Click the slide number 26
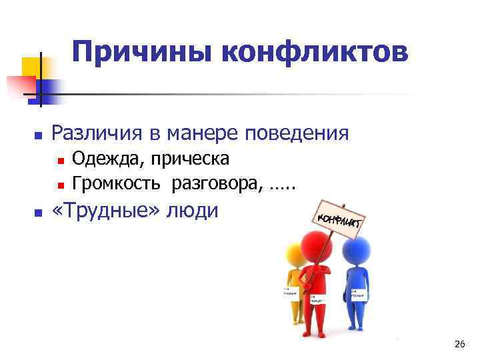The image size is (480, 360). click(x=459, y=344)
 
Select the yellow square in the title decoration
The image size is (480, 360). click(x=32, y=68)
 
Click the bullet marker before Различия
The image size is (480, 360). click(x=39, y=135)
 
